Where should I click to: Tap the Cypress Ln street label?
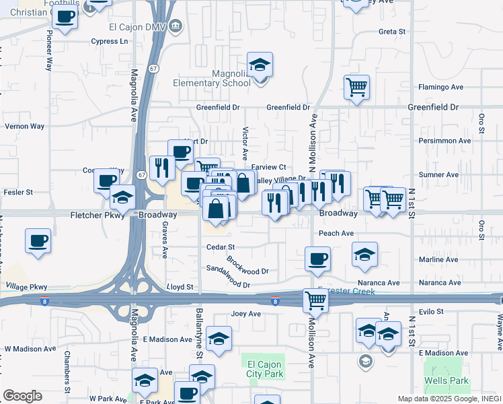tap(110, 41)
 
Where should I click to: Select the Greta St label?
tap(392, 32)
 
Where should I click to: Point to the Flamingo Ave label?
tap(441, 87)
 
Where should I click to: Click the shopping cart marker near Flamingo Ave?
tap(356, 86)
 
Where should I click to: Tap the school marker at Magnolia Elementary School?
tap(260, 65)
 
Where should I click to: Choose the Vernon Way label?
tap(24, 126)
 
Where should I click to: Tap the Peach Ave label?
tap(336, 234)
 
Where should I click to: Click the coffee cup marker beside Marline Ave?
tap(317, 258)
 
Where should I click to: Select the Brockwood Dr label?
tap(247, 266)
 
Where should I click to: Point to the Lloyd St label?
tap(180, 287)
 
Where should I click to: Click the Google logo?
tap(22, 396)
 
